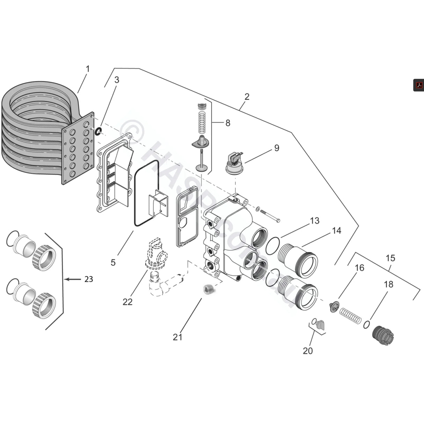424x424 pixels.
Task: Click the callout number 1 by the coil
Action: (x=88, y=69)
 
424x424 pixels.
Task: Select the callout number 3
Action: (x=117, y=80)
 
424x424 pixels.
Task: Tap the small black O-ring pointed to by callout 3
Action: (x=99, y=131)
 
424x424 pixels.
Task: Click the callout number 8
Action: (x=228, y=123)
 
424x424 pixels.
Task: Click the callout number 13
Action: (x=314, y=221)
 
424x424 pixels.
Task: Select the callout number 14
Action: (x=336, y=231)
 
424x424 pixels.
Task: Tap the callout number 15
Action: (x=390, y=258)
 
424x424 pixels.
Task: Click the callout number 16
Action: (x=359, y=268)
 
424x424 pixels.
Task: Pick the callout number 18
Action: (x=388, y=284)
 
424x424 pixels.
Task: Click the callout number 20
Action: (x=308, y=351)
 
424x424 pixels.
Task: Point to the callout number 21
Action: (x=177, y=337)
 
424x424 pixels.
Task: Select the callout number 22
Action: (x=127, y=302)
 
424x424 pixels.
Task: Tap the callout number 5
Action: (x=113, y=262)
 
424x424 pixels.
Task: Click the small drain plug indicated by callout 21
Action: (x=208, y=288)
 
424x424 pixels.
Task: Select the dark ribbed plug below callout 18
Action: (x=383, y=336)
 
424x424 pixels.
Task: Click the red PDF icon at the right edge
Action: (x=418, y=85)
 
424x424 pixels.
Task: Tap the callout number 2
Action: (x=247, y=97)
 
